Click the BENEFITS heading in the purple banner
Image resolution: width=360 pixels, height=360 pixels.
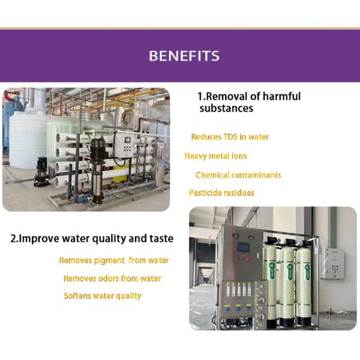[x=184, y=56]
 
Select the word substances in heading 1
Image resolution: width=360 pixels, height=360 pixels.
[x=226, y=109]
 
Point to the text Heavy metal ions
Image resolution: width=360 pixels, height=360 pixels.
[x=215, y=156]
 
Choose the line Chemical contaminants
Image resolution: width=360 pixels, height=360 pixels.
[x=238, y=175]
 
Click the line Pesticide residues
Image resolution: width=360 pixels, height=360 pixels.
[x=221, y=193]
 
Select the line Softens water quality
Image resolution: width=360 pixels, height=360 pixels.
[x=103, y=296]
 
